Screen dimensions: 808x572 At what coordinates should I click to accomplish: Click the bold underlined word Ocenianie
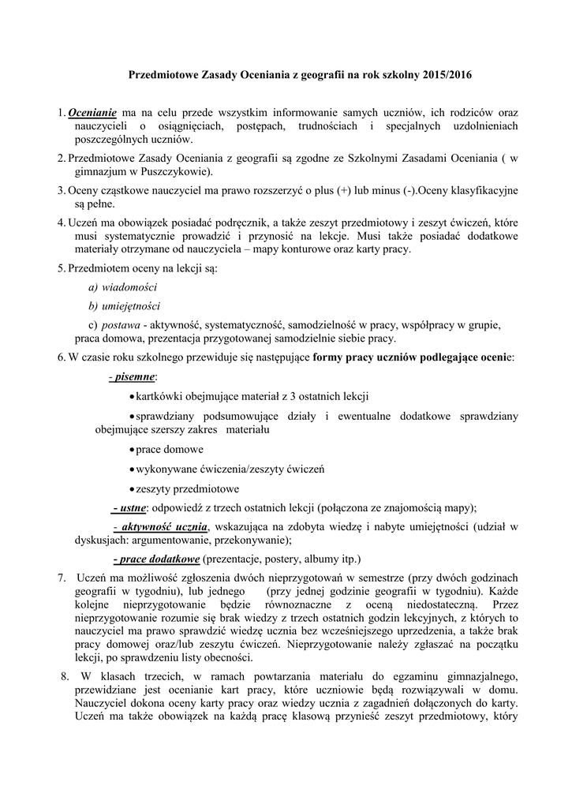(92, 113)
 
